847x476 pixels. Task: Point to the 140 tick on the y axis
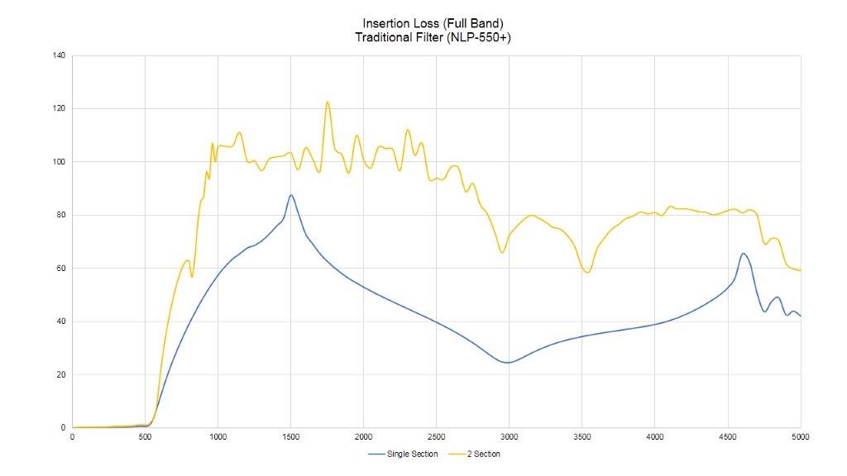60,55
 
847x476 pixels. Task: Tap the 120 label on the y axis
60,109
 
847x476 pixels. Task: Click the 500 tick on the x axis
145,436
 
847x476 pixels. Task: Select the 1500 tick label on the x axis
290,436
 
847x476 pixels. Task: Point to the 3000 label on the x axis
509,436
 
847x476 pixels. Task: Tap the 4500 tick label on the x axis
728,436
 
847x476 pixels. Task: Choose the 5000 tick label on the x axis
800,436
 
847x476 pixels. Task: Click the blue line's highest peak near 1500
291,195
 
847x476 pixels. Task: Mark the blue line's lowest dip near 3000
507,363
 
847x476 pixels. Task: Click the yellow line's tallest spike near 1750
328,102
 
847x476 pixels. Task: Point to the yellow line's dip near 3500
587,272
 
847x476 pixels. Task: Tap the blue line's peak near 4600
744,254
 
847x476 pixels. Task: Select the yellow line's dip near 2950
502,252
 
